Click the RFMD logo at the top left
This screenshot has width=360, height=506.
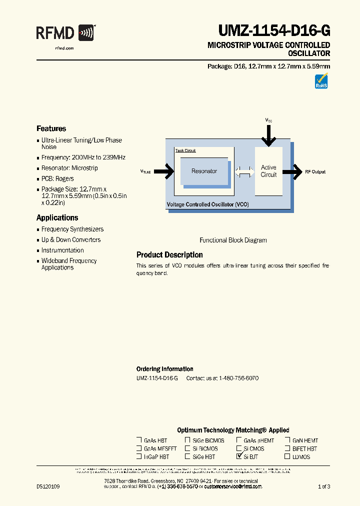[x=65, y=33]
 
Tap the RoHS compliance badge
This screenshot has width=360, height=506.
[x=321, y=81]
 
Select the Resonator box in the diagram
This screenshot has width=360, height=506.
[x=204, y=171]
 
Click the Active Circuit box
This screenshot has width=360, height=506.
[x=268, y=171]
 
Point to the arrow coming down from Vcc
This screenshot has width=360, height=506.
[x=269, y=135]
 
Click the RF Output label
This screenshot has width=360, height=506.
[x=315, y=172]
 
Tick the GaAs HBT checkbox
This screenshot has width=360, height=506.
[x=139, y=440]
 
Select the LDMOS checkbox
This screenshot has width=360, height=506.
[x=287, y=456]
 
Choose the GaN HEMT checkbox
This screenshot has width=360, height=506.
[x=287, y=440]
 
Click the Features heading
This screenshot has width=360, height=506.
[x=51, y=128]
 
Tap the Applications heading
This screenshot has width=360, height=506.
[x=57, y=217]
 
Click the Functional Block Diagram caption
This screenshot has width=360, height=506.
[x=233, y=240]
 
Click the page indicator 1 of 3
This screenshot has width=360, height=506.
[x=324, y=486]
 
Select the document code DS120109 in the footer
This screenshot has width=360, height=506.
[x=48, y=486]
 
